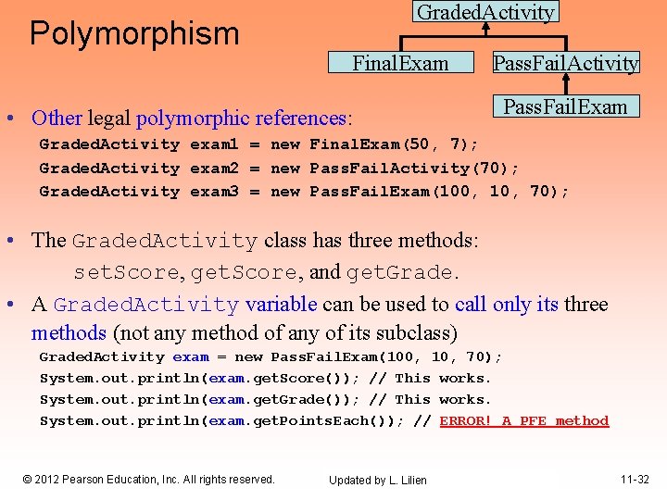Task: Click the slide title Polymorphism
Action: point(134,33)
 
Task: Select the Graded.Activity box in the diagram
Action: point(486,12)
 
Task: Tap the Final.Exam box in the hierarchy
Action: point(400,64)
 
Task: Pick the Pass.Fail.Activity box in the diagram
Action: point(565,64)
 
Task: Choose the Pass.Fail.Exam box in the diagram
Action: point(565,106)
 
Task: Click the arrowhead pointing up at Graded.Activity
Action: point(486,28)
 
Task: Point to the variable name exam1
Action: point(214,144)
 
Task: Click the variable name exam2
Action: point(214,168)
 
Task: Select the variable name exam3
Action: point(214,191)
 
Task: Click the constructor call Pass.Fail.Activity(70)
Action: point(414,168)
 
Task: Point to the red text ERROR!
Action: point(467,420)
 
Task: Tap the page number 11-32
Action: point(635,480)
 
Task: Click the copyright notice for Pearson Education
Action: point(148,480)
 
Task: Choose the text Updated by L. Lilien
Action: point(378,481)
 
